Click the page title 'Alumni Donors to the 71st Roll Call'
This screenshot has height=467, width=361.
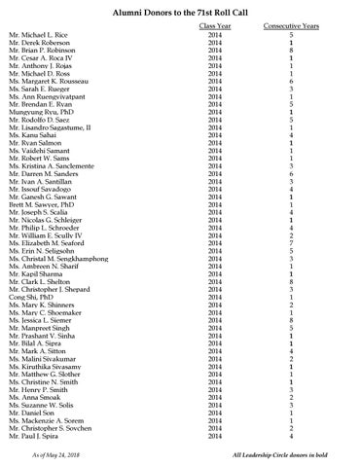180,9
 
